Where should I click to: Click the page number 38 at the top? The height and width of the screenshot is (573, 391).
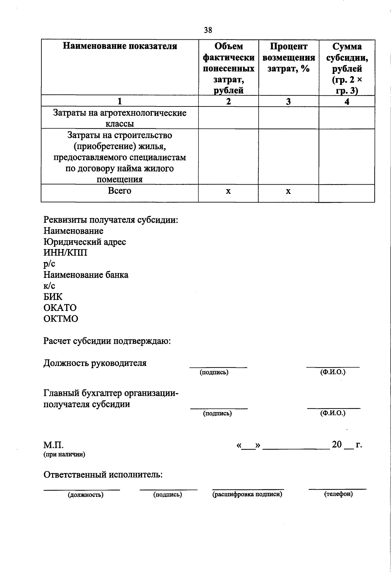click(208, 30)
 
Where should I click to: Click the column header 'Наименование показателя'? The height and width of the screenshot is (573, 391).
click(120, 46)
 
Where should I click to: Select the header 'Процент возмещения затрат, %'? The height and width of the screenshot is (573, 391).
click(288, 58)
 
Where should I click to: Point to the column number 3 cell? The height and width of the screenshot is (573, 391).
click(288, 102)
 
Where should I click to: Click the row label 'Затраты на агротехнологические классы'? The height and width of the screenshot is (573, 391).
click(120, 118)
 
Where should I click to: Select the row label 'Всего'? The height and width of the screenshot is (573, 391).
click(120, 191)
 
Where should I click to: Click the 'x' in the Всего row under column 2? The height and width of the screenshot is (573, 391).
click(228, 191)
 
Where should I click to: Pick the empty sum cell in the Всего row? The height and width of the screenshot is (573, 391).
click(347, 193)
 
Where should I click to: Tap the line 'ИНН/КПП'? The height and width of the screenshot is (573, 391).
click(65, 253)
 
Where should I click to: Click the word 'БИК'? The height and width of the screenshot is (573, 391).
click(53, 297)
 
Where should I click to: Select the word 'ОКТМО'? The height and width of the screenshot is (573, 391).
click(61, 319)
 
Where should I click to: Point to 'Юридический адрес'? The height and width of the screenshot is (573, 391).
click(85, 242)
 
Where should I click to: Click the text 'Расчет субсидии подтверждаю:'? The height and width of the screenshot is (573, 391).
click(108, 341)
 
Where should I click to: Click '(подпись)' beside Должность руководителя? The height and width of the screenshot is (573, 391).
click(214, 372)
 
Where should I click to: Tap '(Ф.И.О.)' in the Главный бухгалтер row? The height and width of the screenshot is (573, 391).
click(333, 413)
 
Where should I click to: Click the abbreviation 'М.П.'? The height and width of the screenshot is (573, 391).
click(53, 445)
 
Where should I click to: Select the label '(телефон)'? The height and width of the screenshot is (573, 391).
click(338, 494)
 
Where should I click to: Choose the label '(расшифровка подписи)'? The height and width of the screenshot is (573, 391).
click(247, 494)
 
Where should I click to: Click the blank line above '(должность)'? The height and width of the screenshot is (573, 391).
click(82, 489)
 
